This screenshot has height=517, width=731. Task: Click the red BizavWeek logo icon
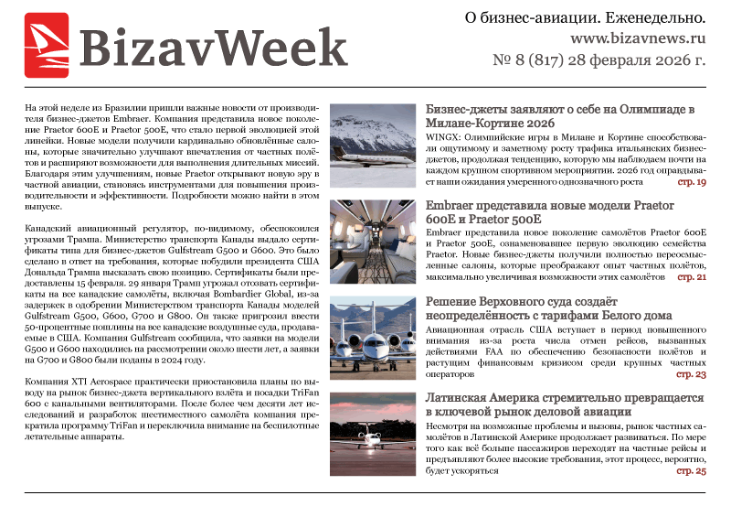pyautogui.click(x=48, y=45)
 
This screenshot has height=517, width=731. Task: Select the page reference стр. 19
pyautogui.click(x=691, y=183)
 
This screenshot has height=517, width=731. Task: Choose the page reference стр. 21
pyautogui.click(x=691, y=276)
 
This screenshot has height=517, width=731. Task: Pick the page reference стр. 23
pyautogui.click(x=691, y=374)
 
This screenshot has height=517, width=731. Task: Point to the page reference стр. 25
pyautogui.click(x=691, y=471)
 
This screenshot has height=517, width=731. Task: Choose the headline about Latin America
pyautogui.click(x=565, y=405)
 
